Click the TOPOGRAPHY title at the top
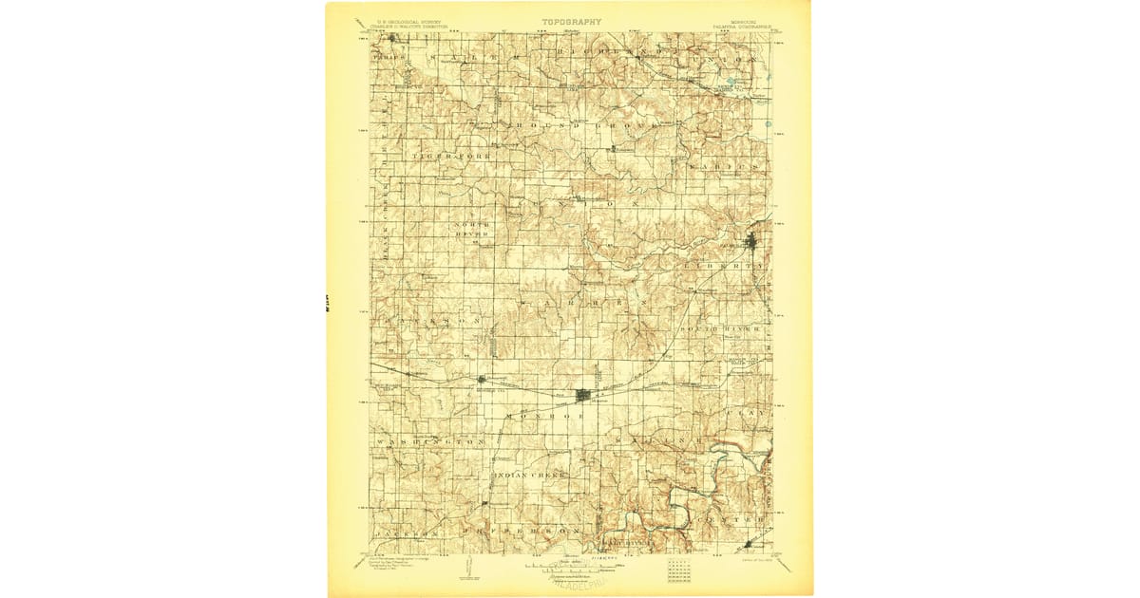click(x=571, y=21)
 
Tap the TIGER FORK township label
click(x=443, y=153)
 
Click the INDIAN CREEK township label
click(x=528, y=474)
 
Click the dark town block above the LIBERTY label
click(x=752, y=242)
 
